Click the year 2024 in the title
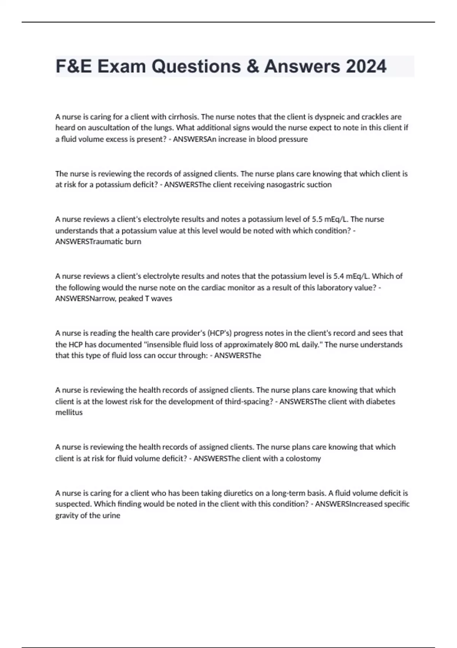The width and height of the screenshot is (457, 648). [x=366, y=66]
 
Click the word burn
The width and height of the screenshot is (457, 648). [x=133, y=242]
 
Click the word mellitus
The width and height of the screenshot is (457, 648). [x=69, y=412]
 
